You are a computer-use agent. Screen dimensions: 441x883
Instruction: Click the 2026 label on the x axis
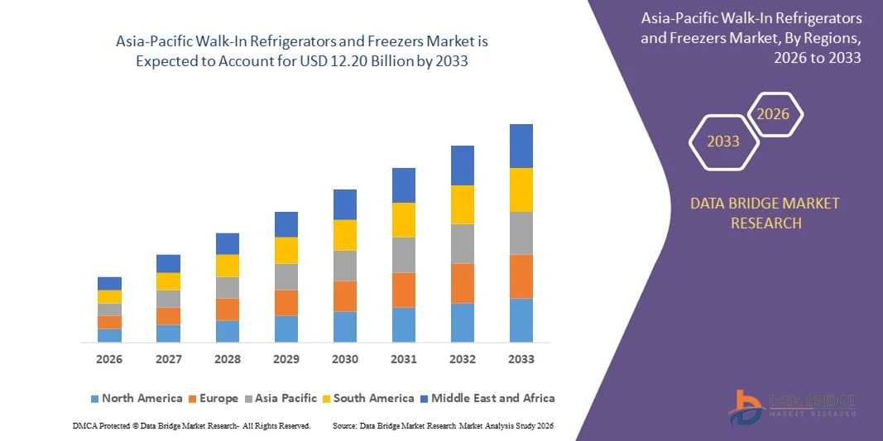point(109,359)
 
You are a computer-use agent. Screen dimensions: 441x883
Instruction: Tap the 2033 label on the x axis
point(521,359)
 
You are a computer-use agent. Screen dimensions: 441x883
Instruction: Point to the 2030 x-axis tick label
point(345,359)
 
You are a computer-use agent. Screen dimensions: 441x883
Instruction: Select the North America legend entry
point(136,398)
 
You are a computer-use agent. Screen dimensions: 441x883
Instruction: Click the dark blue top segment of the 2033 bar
point(521,146)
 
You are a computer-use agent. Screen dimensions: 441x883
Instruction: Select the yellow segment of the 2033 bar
point(521,189)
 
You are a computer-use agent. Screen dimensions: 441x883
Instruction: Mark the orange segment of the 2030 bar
point(345,296)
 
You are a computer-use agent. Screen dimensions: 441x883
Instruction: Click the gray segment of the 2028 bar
point(228,287)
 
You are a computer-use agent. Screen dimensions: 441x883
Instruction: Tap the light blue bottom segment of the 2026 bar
point(109,335)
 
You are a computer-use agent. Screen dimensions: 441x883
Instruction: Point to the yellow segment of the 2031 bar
point(404,220)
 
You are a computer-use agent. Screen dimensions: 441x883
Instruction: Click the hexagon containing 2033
point(723,141)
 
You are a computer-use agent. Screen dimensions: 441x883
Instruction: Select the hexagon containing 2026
point(775,114)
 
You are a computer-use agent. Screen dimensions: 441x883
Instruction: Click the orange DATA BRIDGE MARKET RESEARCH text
point(764,213)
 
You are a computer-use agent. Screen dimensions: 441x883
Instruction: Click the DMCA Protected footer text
point(191,425)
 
